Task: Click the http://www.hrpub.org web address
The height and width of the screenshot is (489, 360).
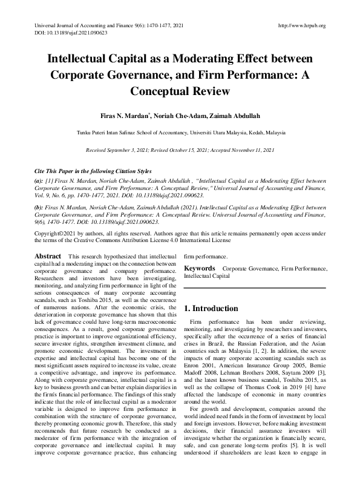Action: (x=301, y=25)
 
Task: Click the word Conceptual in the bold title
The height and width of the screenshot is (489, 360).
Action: (x=180, y=91)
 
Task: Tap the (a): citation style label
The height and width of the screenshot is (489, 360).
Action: (x=39, y=180)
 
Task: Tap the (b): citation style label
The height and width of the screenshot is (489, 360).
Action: (x=39, y=208)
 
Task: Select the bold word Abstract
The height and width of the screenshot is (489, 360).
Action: (x=48, y=257)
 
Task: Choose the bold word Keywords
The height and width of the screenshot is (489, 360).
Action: (x=199, y=268)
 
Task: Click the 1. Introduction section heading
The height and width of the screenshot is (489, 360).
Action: (x=211, y=309)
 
